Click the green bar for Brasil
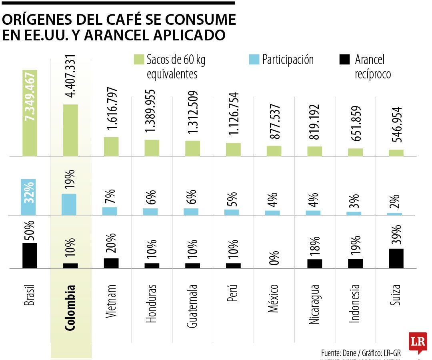coord(30,113)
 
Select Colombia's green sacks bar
coord(70,130)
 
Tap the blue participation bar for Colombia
coord(69,204)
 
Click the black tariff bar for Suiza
coord(396,258)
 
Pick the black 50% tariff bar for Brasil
coord(30,255)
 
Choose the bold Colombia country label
coord(70,308)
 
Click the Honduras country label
coord(151,303)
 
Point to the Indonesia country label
coord(355,303)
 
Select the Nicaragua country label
coord(314,304)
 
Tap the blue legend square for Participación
coord(254,60)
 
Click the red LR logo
coord(418,342)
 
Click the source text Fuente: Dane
coord(339,353)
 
